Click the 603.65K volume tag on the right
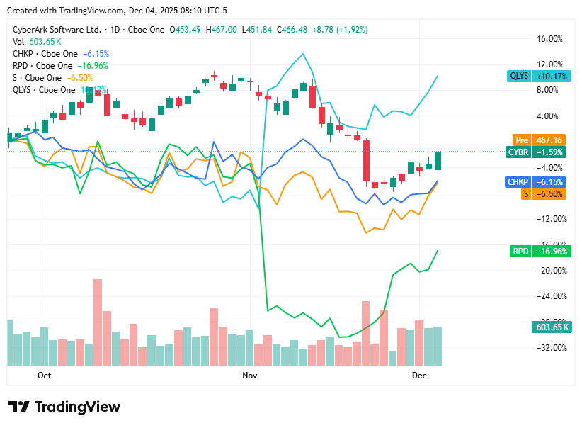click(x=550, y=327)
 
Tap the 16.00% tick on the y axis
click(x=551, y=39)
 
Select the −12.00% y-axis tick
click(x=550, y=219)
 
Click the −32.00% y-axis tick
click(x=550, y=348)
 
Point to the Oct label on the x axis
click(x=44, y=375)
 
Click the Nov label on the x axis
click(x=249, y=375)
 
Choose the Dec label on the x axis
click(x=419, y=375)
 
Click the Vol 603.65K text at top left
click(x=33, y=42)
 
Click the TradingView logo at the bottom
click(x=64, y=407)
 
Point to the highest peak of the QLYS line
click(x=304, y=54)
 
